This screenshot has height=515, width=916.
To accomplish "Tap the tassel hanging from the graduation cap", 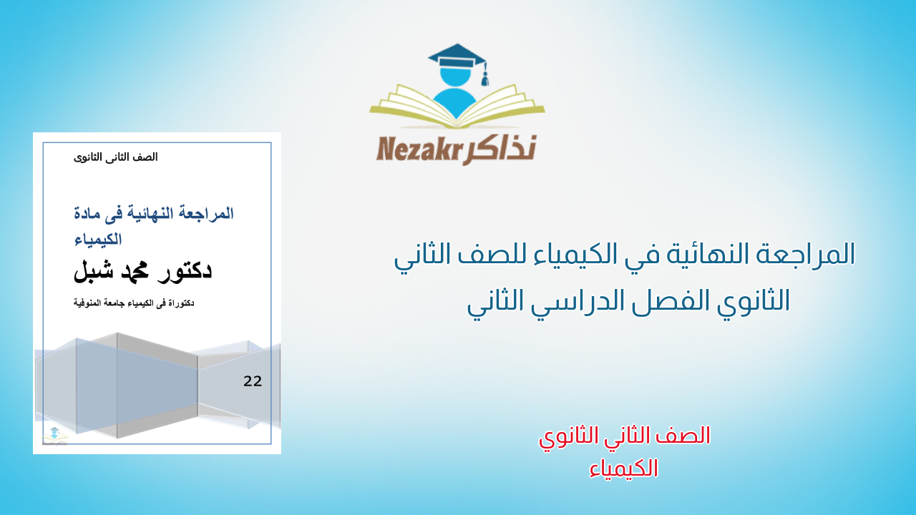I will click(484, 75).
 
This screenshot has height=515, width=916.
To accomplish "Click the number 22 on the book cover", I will click(253, 381).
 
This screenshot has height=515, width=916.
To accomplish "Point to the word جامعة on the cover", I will click(122, 303).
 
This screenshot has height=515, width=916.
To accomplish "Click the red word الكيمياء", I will click(625, 468).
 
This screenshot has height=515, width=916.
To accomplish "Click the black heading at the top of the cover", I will click(116, 157).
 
